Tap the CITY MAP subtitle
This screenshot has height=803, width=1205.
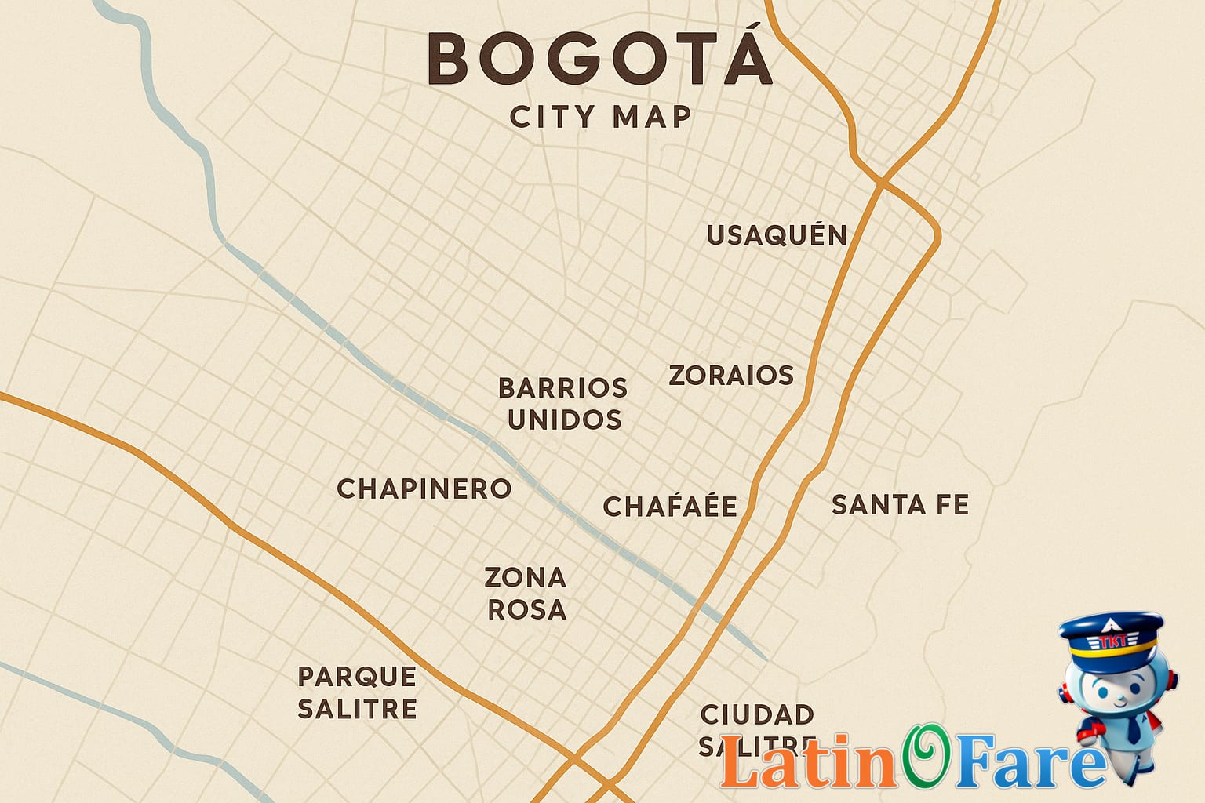pyautogui.click(x=600, y=118)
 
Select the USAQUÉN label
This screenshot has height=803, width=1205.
pyautogui.click(x=777, y=235)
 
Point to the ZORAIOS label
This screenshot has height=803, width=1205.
pyautogui.click(x=731, y=376)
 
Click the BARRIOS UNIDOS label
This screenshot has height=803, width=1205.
pyautogui.click(x=564, y=404)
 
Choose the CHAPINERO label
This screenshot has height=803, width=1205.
pyautogui.click(x=424, y=489)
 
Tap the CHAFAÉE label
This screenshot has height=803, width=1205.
pyautogui.click(x=670, y=507)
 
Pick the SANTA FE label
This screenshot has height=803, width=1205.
pyautogui.click(x=900, y=505)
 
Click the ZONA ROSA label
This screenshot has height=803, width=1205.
pyautogui.click(x=526, y=594)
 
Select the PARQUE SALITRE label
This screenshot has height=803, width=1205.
pyautogui.click(x=358, y=692)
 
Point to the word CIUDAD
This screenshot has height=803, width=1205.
pyautogui.click(x=757, y=715)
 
